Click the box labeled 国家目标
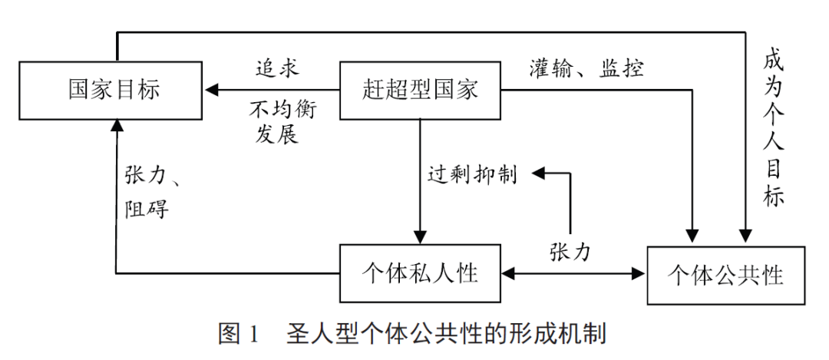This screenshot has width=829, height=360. tap(114, 90)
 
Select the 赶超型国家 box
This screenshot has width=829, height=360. tap(420, 90)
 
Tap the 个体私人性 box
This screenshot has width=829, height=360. tap(420, 273)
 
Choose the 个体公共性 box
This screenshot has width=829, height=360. tap(726, 274)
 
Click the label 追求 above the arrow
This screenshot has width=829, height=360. tap(277, 68)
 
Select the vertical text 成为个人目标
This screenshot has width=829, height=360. tap(773, 127)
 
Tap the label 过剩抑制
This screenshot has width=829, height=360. tap(472, 174)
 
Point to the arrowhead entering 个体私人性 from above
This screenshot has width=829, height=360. tap(420, 237)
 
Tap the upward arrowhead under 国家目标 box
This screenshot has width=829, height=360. tap(116, 124)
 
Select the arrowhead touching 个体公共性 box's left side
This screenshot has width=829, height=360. tap(639, 273)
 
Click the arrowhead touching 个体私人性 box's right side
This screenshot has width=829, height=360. tap(508, 273)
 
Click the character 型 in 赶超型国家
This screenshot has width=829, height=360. tap(420, 90)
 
